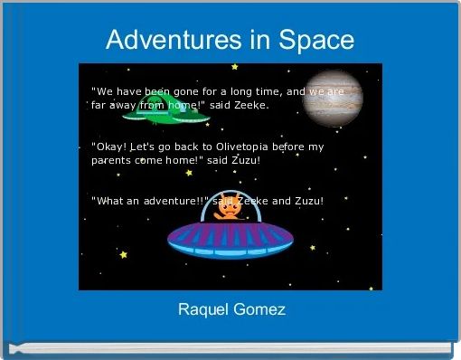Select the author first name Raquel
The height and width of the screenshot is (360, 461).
202,310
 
